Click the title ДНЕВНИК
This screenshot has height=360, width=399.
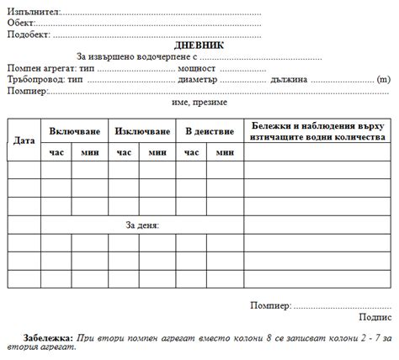(199, 45)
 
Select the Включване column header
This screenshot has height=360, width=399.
(74, 132)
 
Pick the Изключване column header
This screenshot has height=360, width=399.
(141, 132)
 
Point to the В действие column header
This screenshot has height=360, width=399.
(209, 132)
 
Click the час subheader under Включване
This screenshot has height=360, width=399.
(57, 153)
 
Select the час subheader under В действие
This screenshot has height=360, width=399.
(192, 153)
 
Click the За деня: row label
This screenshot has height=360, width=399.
(142, 225)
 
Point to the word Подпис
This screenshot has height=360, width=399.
(375, 317)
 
